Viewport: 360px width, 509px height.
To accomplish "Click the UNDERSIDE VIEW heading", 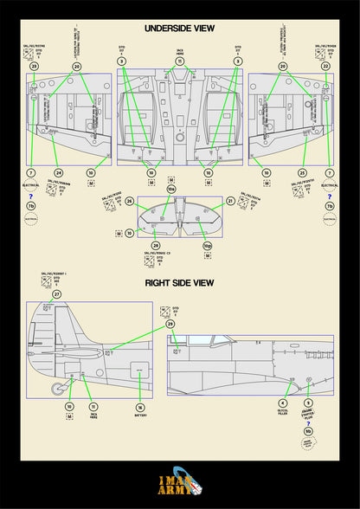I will click(x=180, y=28).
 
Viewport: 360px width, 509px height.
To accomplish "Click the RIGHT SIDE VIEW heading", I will click(x=180, y=283).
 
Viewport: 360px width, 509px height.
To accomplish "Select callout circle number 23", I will click(x=34, y=66).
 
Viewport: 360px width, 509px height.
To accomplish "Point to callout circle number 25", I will click(x=302, y=172).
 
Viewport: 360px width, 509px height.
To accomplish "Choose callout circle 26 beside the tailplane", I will click(x=129, y=201).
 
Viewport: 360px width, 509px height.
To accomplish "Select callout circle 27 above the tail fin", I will click(x=56, y=294).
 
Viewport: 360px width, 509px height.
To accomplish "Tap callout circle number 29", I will click(x=170, y=323).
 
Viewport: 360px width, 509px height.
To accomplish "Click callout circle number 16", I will click(x=139, y=406).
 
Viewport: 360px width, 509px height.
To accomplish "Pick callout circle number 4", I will click(x=282, y=403).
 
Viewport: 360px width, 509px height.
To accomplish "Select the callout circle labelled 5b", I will click(x=307, y=432).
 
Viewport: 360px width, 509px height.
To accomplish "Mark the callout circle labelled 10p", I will click(x=206, y=247).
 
